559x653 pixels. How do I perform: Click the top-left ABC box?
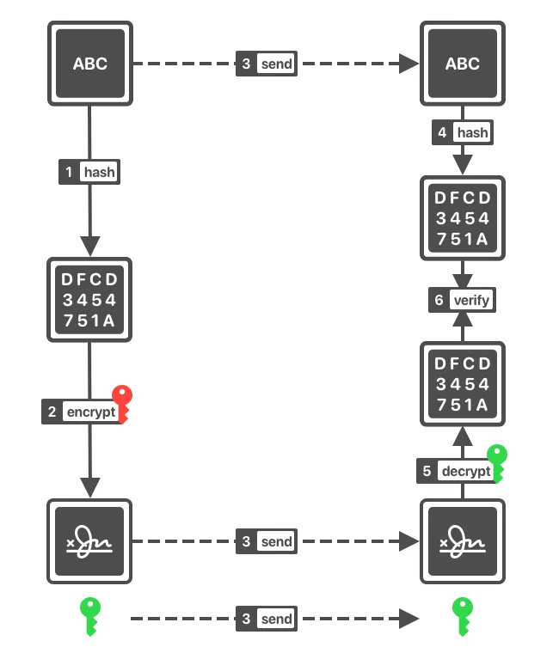point(89,64)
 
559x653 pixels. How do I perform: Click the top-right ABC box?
point(463,64)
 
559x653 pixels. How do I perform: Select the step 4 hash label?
point(463,132)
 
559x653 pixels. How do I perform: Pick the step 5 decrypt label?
point(456,471)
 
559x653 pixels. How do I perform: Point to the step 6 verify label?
point(463,301)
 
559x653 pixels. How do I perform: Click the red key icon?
point(124,403)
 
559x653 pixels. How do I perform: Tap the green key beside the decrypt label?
point(498,461)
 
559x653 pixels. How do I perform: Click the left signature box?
point(89,541)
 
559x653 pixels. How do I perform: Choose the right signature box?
point(463,541)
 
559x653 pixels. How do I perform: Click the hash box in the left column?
point(89,299)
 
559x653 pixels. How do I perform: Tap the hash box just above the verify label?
point(463,218)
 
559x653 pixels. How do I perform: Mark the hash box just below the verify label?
point(463,383)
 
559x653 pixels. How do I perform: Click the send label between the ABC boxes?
point(267,64)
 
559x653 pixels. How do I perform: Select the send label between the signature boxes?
point(267,541)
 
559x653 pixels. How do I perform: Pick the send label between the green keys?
point(267,619)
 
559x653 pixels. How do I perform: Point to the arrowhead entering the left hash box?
point(89,246)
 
